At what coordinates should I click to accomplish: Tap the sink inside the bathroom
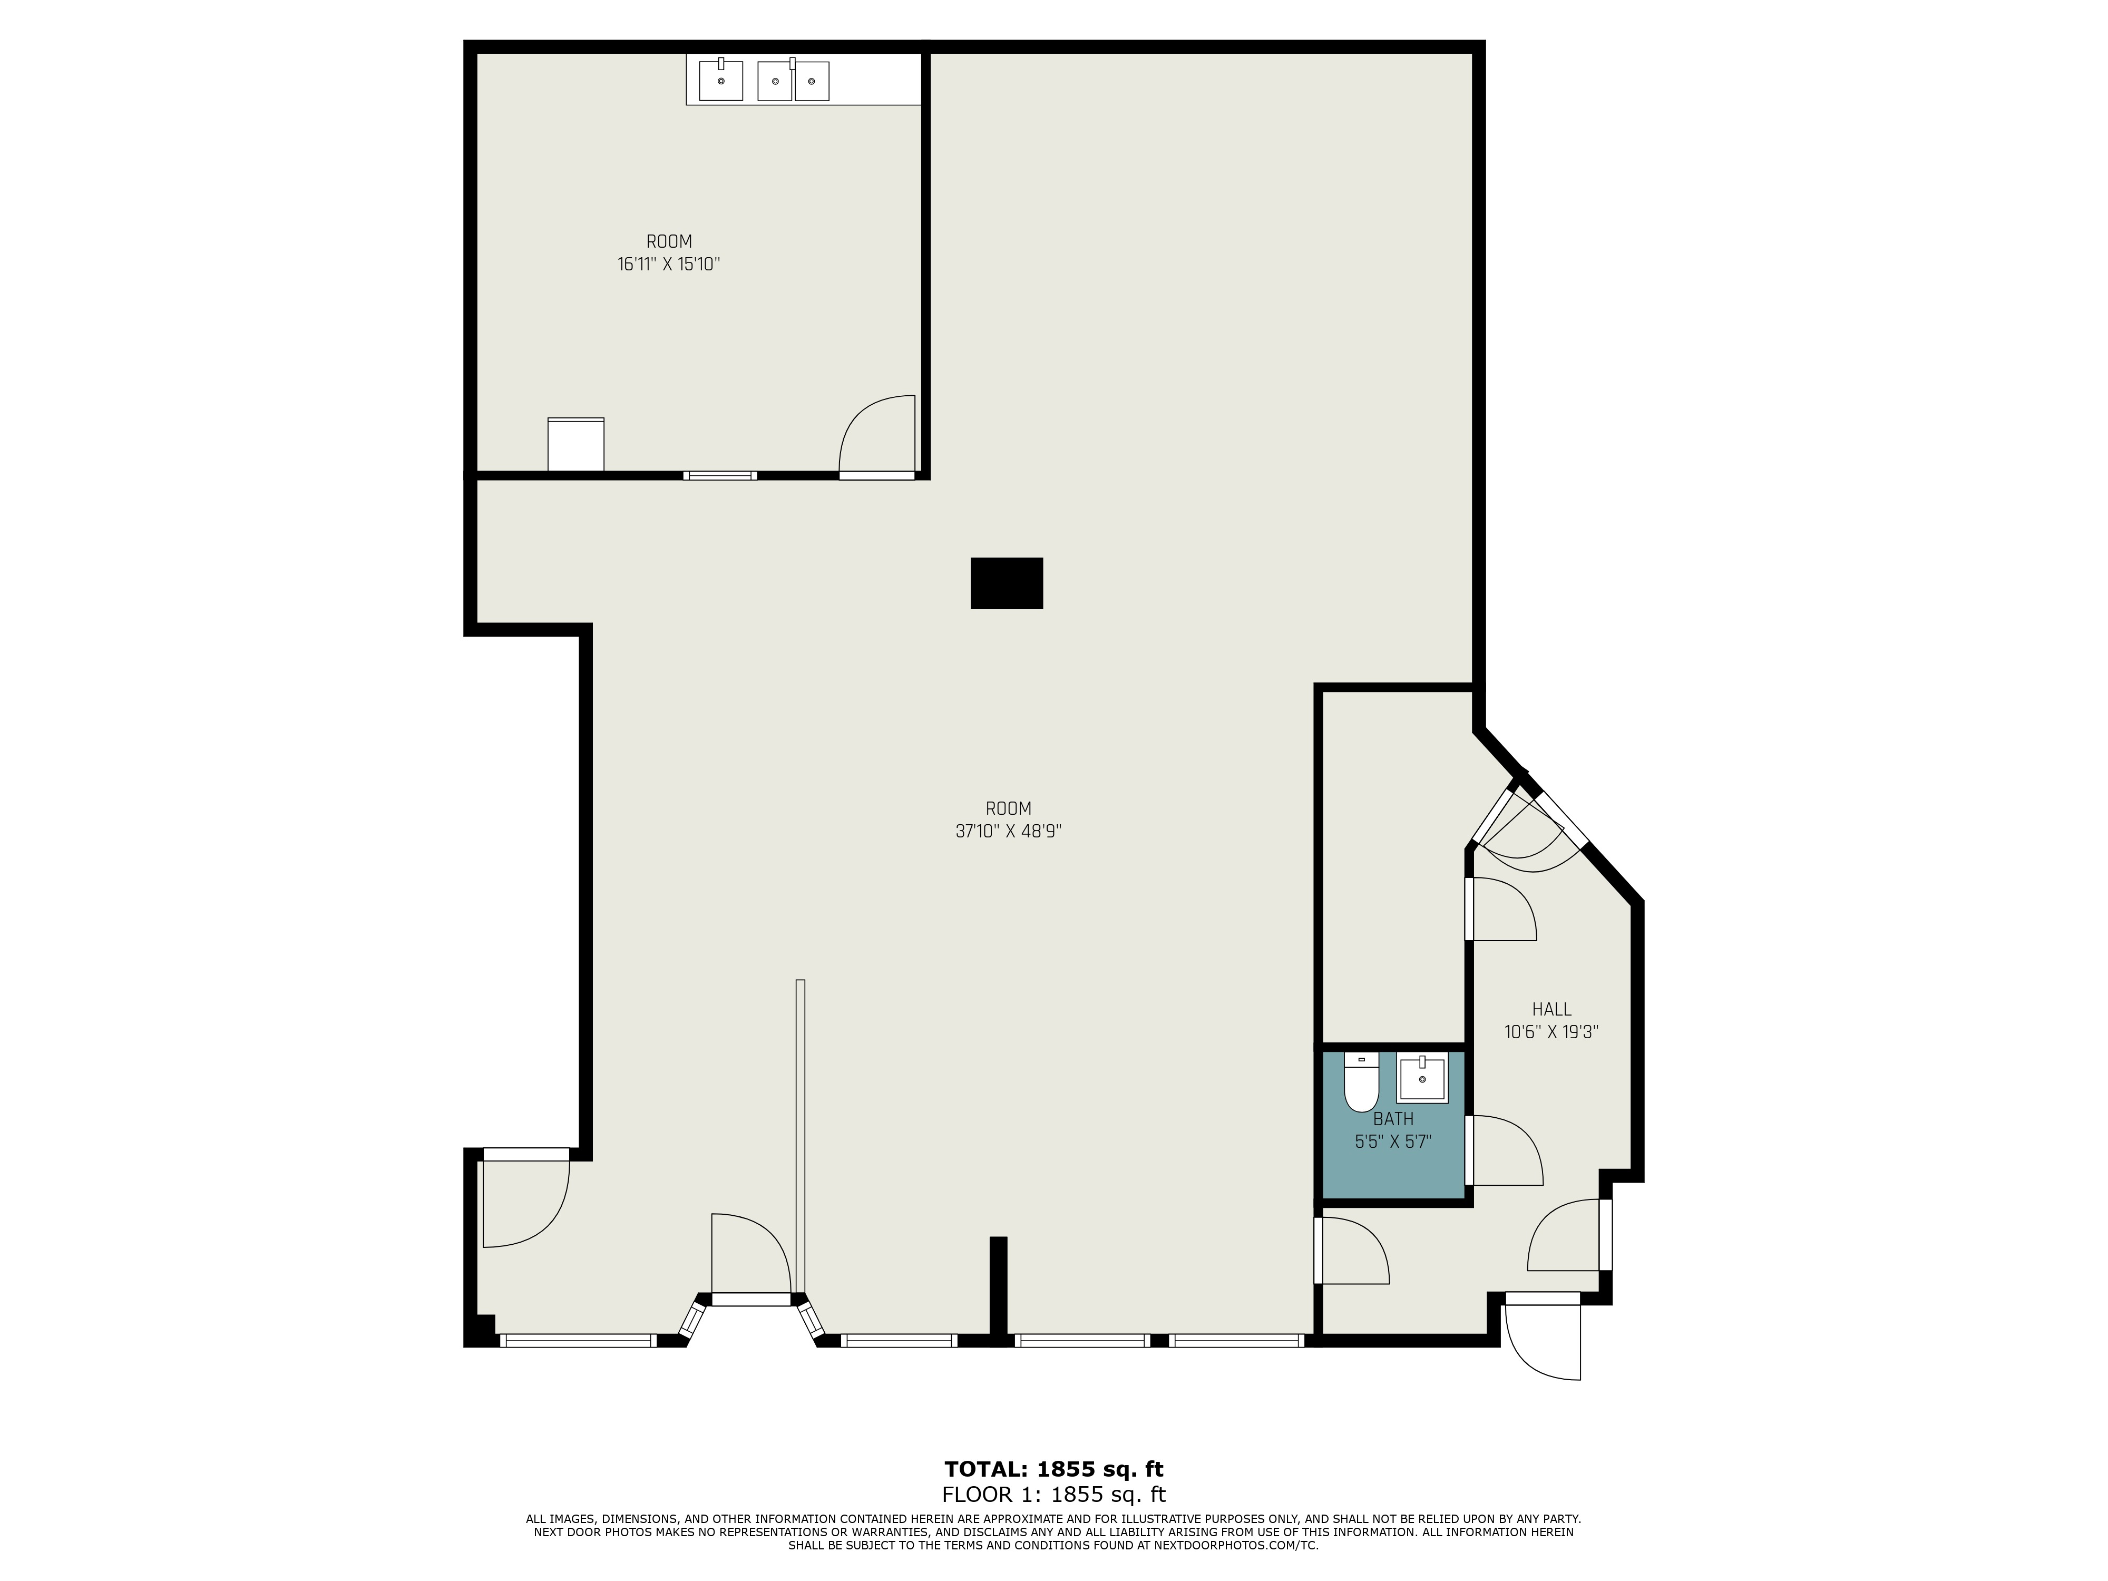pyautogui.click(x=1422, y=1078)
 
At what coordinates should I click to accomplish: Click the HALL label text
pyautogui.click(x=1551, y=1009)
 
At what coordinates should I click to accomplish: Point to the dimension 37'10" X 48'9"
pyautogui.click(x=1008, y=831)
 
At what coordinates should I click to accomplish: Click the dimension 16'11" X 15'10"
pyautogui.click(x=668, y=264)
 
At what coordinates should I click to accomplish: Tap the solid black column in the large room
pyautogui.click(x=1007, y=583)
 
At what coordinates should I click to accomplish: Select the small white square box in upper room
pyautogui.click(x=575, y=444)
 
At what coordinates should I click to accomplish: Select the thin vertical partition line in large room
pyautogui.click(x=801, y=1134)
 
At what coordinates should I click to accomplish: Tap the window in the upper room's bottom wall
pyautogui.click(x=719, y=475)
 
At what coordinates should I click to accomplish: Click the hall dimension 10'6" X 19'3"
pyautogui.click(x=1551, y=1031)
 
